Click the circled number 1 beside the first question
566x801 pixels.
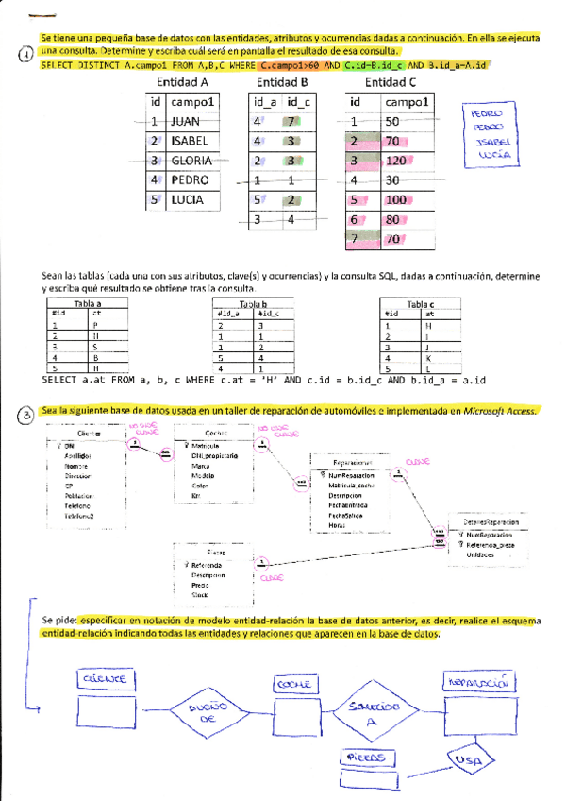coord(25,55)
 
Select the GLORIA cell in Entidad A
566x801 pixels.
coord(191,161)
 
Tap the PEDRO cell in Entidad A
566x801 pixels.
coord(191,180)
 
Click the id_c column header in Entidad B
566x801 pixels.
coord(298,102)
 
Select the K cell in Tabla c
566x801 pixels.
coord(428,358)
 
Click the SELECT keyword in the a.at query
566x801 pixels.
coord(61,379)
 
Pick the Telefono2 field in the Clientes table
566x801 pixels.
coord(81,516)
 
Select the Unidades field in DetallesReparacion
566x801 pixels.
coord(482,554)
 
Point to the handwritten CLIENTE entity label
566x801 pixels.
coord(108,678)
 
